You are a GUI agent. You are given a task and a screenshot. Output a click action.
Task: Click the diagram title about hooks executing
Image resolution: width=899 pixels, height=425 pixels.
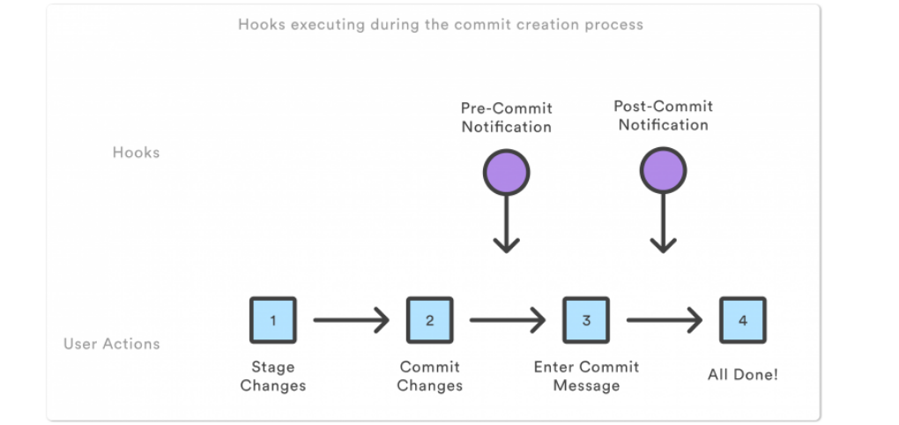coord(440,25)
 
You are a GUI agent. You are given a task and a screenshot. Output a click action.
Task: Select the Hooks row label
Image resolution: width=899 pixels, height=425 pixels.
coord(136,153)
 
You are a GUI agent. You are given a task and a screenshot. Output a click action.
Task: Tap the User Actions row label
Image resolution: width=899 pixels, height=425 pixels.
coord(111,344)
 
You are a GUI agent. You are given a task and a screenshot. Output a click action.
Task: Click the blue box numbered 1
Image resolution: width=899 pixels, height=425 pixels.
coord(272,320)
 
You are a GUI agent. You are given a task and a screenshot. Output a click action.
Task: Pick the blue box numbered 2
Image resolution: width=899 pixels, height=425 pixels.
coord(429,320)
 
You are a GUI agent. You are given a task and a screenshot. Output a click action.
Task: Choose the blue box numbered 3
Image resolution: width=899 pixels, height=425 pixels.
coord(586,320)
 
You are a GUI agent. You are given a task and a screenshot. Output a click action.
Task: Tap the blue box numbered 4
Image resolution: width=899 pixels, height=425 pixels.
coord(742,320)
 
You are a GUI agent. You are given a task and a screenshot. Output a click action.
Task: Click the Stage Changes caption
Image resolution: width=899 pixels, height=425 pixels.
coord(272,377)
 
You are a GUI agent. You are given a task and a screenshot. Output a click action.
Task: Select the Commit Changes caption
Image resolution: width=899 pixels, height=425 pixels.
coord(429,377)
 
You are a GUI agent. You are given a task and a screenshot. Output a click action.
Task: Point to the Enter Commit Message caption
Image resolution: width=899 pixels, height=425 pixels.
coord(586,377)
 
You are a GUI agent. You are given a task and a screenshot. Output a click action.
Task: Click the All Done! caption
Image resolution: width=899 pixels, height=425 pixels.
coord(742,375)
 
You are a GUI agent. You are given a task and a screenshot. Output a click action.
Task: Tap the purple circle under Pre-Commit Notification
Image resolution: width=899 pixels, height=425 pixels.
coord(506,172)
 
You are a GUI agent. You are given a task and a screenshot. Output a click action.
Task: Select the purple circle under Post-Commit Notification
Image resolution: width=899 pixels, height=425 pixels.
coord(663,170)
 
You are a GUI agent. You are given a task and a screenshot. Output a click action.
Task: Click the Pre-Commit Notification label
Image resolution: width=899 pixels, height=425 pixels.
coord(506,117)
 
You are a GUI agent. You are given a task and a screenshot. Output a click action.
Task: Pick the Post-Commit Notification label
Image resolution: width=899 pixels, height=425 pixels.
coord(663,116)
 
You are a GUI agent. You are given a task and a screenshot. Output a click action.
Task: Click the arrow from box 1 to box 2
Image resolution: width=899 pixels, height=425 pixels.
coord(351,320)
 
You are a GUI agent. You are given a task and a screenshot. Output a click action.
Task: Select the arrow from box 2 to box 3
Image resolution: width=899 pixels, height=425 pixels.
coord(508,320)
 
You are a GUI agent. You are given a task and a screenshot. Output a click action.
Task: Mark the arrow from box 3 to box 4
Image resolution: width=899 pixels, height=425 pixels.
coord(664,320)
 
